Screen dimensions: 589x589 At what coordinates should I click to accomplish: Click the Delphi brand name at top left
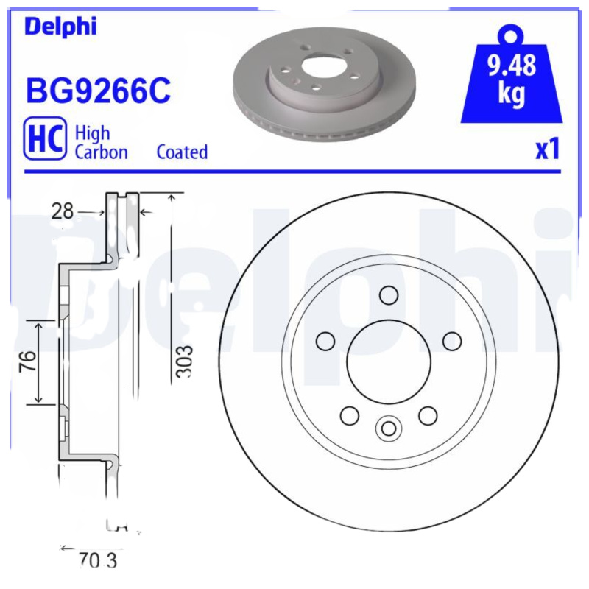(x=60, y=27)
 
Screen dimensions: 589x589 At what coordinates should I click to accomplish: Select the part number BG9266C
(x=98, y=92)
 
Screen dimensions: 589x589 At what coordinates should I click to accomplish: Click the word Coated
(x=182, y=152)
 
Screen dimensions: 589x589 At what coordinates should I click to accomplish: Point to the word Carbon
(x=102, y=152)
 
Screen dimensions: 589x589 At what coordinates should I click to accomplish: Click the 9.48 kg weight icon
(x=511, y=77)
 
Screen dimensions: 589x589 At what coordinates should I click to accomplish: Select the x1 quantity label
(x=546, y=149)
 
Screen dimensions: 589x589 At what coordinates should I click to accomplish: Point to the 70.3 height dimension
(x=96, y=561)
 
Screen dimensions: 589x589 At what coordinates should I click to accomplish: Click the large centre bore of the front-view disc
(x=388, y=361)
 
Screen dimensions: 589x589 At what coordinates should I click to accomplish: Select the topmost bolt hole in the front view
(x=388, y=294)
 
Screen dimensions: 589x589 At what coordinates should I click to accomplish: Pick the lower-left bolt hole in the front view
(x=349, y=415)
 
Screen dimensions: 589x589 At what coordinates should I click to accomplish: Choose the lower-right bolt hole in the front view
(x=428, y=415)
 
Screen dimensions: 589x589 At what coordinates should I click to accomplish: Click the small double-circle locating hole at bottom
(x=388, y=427)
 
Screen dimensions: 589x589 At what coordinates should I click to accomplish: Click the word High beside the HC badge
(x=93, y=133)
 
